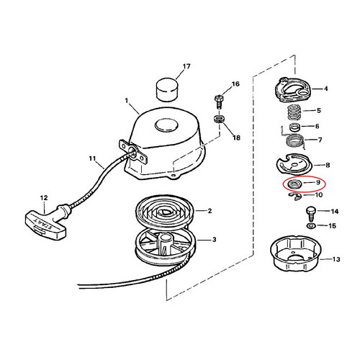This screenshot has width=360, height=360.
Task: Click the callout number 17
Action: click(186, 67)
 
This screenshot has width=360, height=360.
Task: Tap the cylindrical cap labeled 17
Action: click(165, 91)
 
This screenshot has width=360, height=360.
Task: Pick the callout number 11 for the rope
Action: click(91, 158)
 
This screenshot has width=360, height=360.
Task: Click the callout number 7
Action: click(320, 140)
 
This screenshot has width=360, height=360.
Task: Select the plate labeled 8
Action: click(292, 166)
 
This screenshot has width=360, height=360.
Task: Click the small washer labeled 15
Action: click(310, 227)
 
